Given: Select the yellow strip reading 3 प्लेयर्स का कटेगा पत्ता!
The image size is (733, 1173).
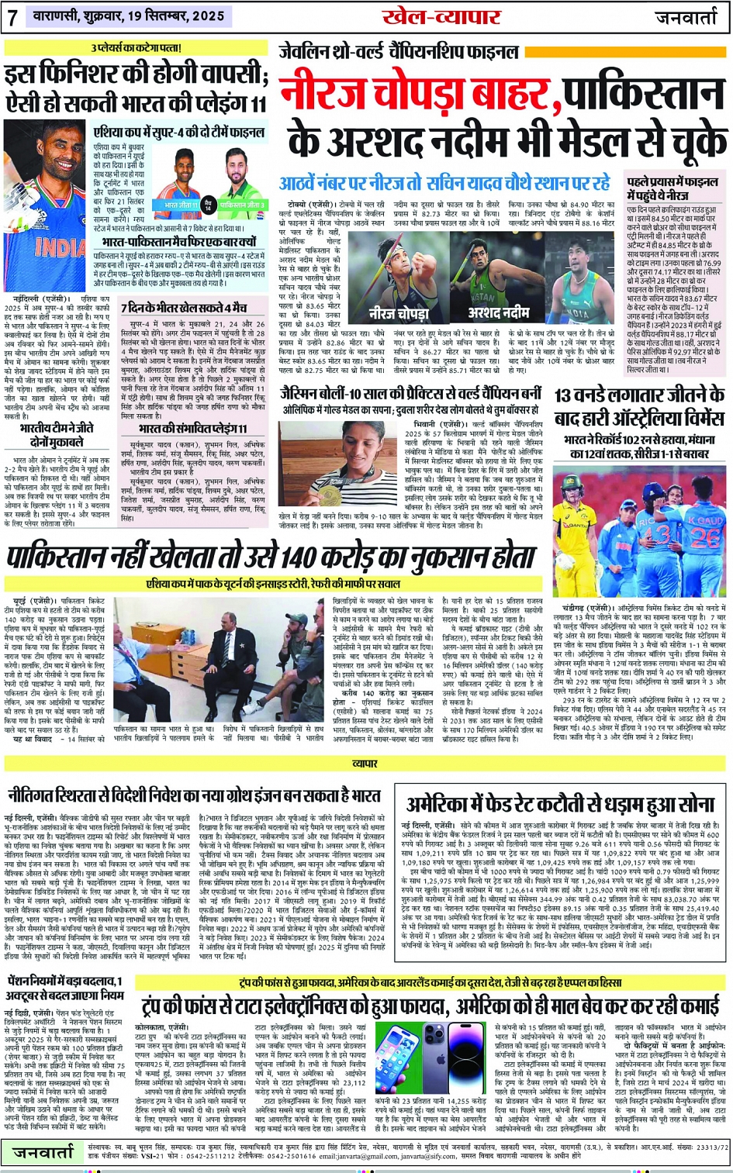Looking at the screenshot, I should click(x=137, y=48).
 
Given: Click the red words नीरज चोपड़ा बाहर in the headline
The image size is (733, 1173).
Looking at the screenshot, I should click(x=416, y=94).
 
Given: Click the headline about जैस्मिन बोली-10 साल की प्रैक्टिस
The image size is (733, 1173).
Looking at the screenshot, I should click(x=413, y=395).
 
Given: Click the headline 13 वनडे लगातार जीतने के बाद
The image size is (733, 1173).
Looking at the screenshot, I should click(x=638, y=407).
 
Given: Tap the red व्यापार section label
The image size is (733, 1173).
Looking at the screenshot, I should click(x=365, y=764).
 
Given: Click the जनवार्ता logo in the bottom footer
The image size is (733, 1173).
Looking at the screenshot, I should click(x=43, y=1153).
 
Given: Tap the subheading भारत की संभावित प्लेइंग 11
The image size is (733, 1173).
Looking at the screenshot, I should click(x=193, y=428).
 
